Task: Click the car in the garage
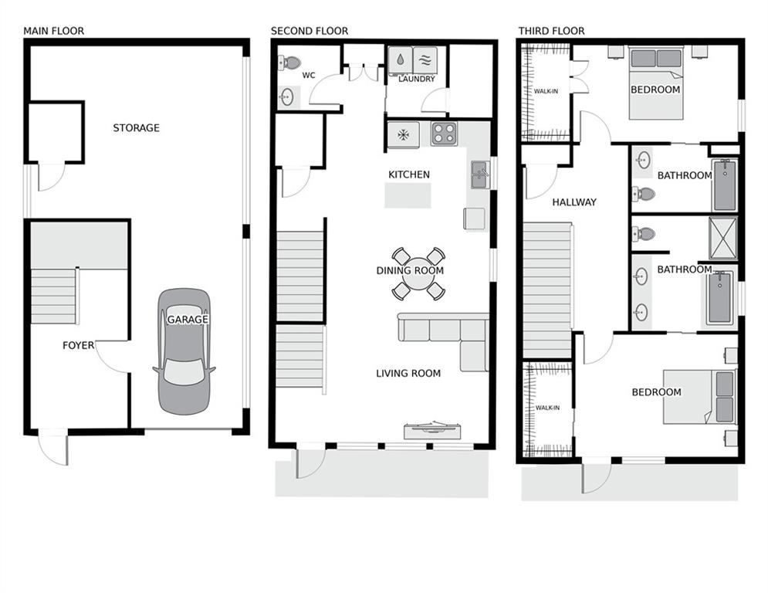[184, 351]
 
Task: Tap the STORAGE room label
[136, 127]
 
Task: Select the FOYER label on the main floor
[78, 345]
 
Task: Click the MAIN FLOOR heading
[53, 31]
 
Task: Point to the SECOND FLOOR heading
[309, 31]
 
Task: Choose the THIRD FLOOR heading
[551, 31]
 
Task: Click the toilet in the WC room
[289, 63]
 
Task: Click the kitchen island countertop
[408, 195]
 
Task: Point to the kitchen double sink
[479, 175]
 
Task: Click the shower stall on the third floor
[722, 238]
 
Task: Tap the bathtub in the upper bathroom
[725, 185]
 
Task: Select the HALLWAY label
[573, 202]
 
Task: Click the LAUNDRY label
[417, 79]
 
